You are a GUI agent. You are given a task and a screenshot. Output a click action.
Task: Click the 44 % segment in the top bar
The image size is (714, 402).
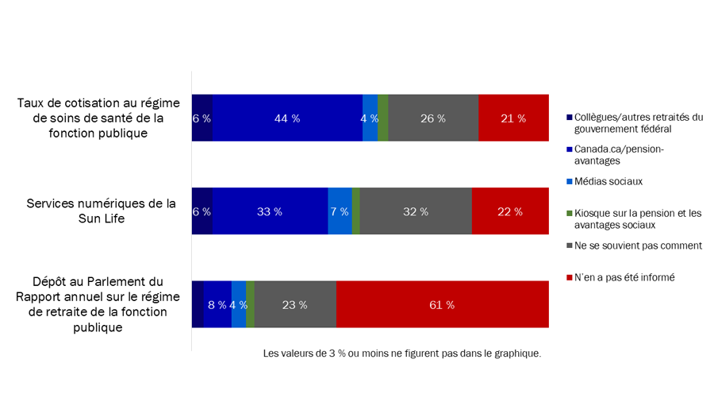[287, 118]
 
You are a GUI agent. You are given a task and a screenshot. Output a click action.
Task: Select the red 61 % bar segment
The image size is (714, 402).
[442, 304]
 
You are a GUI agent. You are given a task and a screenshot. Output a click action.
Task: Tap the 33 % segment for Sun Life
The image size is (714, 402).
[270, 211]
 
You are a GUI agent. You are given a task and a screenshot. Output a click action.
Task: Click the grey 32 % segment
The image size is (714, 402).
[416, 211]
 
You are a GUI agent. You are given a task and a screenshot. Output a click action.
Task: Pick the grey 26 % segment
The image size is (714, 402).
[433, 118]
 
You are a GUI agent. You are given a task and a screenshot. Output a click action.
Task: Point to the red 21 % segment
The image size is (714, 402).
[513, 118]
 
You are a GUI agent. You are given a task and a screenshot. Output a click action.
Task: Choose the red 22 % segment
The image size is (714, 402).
[509, 211]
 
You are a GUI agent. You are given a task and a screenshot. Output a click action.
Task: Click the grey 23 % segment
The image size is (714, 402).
[295, 304]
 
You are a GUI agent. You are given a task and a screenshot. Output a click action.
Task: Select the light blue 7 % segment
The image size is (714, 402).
[340, 211]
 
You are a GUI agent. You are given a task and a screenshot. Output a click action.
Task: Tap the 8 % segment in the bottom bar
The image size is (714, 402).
[217, 304]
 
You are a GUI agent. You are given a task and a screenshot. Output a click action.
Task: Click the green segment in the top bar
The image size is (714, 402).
[383, 118]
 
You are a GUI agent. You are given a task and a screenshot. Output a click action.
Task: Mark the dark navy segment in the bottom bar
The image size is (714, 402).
[198, 304]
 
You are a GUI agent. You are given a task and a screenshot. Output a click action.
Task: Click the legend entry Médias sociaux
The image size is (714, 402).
[608, 181]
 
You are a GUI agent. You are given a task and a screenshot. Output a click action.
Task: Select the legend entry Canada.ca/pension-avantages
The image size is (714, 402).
[619, 155]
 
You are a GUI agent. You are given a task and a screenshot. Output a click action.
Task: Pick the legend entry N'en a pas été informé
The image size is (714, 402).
[624, 277]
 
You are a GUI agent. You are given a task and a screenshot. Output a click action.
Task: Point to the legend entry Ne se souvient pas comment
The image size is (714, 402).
[638, 245]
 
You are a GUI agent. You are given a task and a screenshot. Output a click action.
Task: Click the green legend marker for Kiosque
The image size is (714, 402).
[568, 214]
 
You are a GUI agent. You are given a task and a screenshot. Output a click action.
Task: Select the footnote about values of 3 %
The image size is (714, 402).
[401, 354]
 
